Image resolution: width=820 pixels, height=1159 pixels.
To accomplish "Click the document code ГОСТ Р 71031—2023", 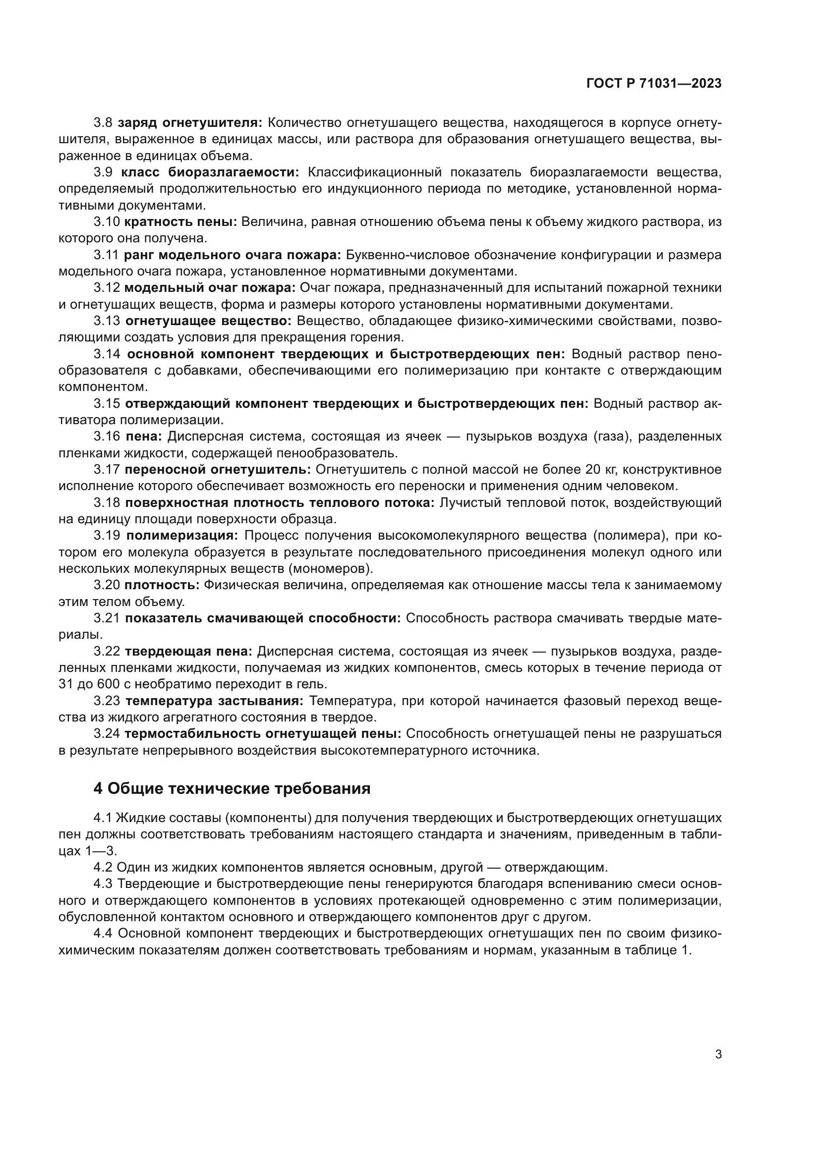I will (x=654, y=84).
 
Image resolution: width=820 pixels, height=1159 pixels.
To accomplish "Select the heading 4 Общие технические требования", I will (x=232, y=788).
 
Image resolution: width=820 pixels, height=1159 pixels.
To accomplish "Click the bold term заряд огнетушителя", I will (x=190, y=123).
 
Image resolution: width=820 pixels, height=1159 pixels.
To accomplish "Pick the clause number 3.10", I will (x=107, y=222).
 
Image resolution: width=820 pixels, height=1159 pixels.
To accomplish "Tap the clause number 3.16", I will (x=107, y=437).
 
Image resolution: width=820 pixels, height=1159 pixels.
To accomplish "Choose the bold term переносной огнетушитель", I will (x=218, y=469).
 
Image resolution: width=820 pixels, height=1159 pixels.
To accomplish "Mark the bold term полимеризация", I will (x=182, y=536).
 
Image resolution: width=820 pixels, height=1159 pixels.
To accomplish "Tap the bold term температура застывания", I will (x=214, y=701).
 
